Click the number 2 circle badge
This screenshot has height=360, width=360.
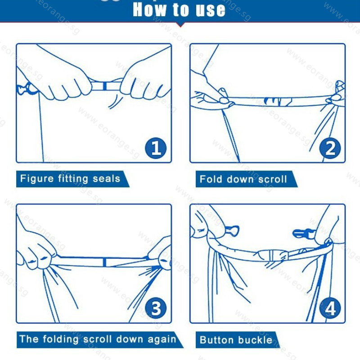coord(330,148)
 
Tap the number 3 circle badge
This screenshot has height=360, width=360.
coord(156,309)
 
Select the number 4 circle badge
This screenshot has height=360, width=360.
coord(330,309)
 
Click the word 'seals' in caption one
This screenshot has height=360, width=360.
coord(107,179)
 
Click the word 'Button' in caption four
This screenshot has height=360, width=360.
coord(217,340)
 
